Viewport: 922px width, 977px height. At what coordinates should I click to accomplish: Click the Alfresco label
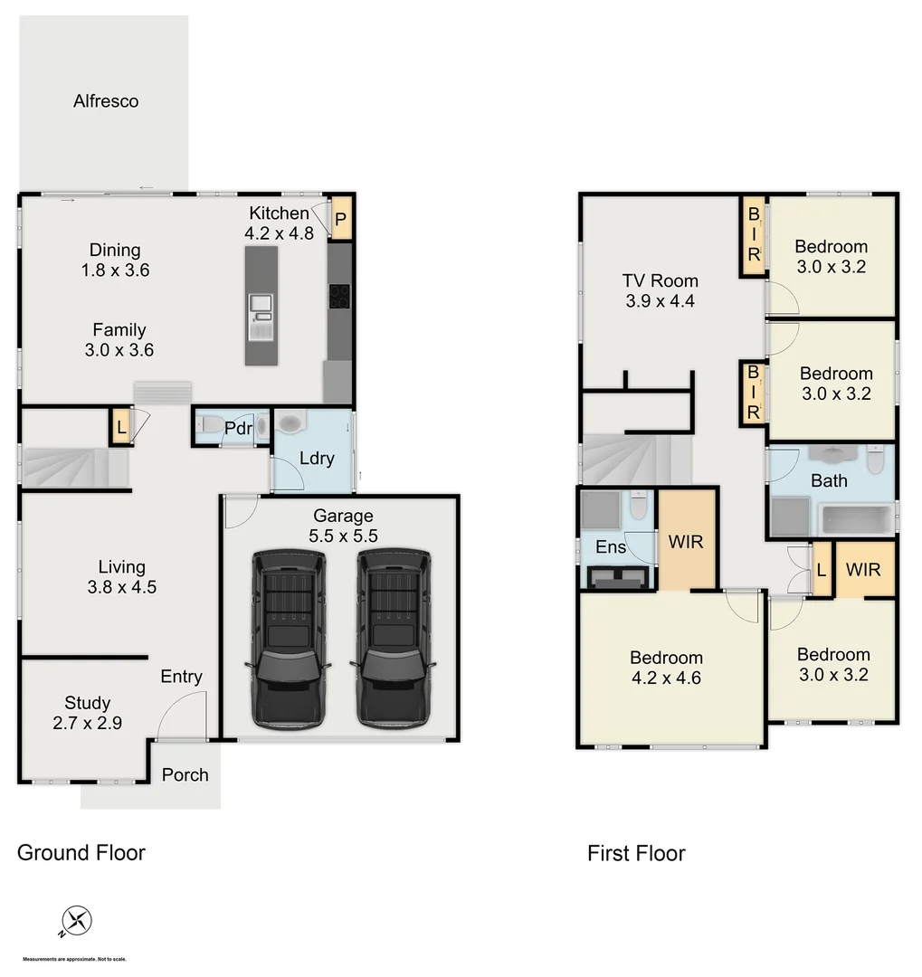(106, 101)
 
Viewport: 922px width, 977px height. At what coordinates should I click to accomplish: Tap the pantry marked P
(340, 219)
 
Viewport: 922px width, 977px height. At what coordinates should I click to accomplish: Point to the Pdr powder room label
(238, 429)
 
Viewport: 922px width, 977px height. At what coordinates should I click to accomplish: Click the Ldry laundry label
(317, 458)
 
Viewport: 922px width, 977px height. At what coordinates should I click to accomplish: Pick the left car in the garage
(288, 637)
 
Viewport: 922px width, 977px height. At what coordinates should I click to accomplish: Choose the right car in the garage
(394, 637)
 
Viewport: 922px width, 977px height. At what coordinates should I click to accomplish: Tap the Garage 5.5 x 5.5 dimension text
(343, 526)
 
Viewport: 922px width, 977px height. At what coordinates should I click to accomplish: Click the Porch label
(185, 774)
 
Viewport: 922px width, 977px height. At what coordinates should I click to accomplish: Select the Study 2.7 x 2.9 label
(88, 713)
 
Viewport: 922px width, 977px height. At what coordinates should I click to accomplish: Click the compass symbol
(77, 922)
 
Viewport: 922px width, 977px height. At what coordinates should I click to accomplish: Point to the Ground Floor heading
(81, 852)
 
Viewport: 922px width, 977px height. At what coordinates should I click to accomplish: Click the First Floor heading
(636, 853)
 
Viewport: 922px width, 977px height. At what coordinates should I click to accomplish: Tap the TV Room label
(660, 290)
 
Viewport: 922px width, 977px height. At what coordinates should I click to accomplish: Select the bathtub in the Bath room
(855, 519)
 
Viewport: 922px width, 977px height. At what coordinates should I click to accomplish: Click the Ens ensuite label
(611, 546)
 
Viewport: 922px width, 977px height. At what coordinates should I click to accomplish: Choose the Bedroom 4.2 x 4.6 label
(666, 668)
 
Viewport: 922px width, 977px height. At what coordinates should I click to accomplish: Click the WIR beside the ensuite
(686, 542)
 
